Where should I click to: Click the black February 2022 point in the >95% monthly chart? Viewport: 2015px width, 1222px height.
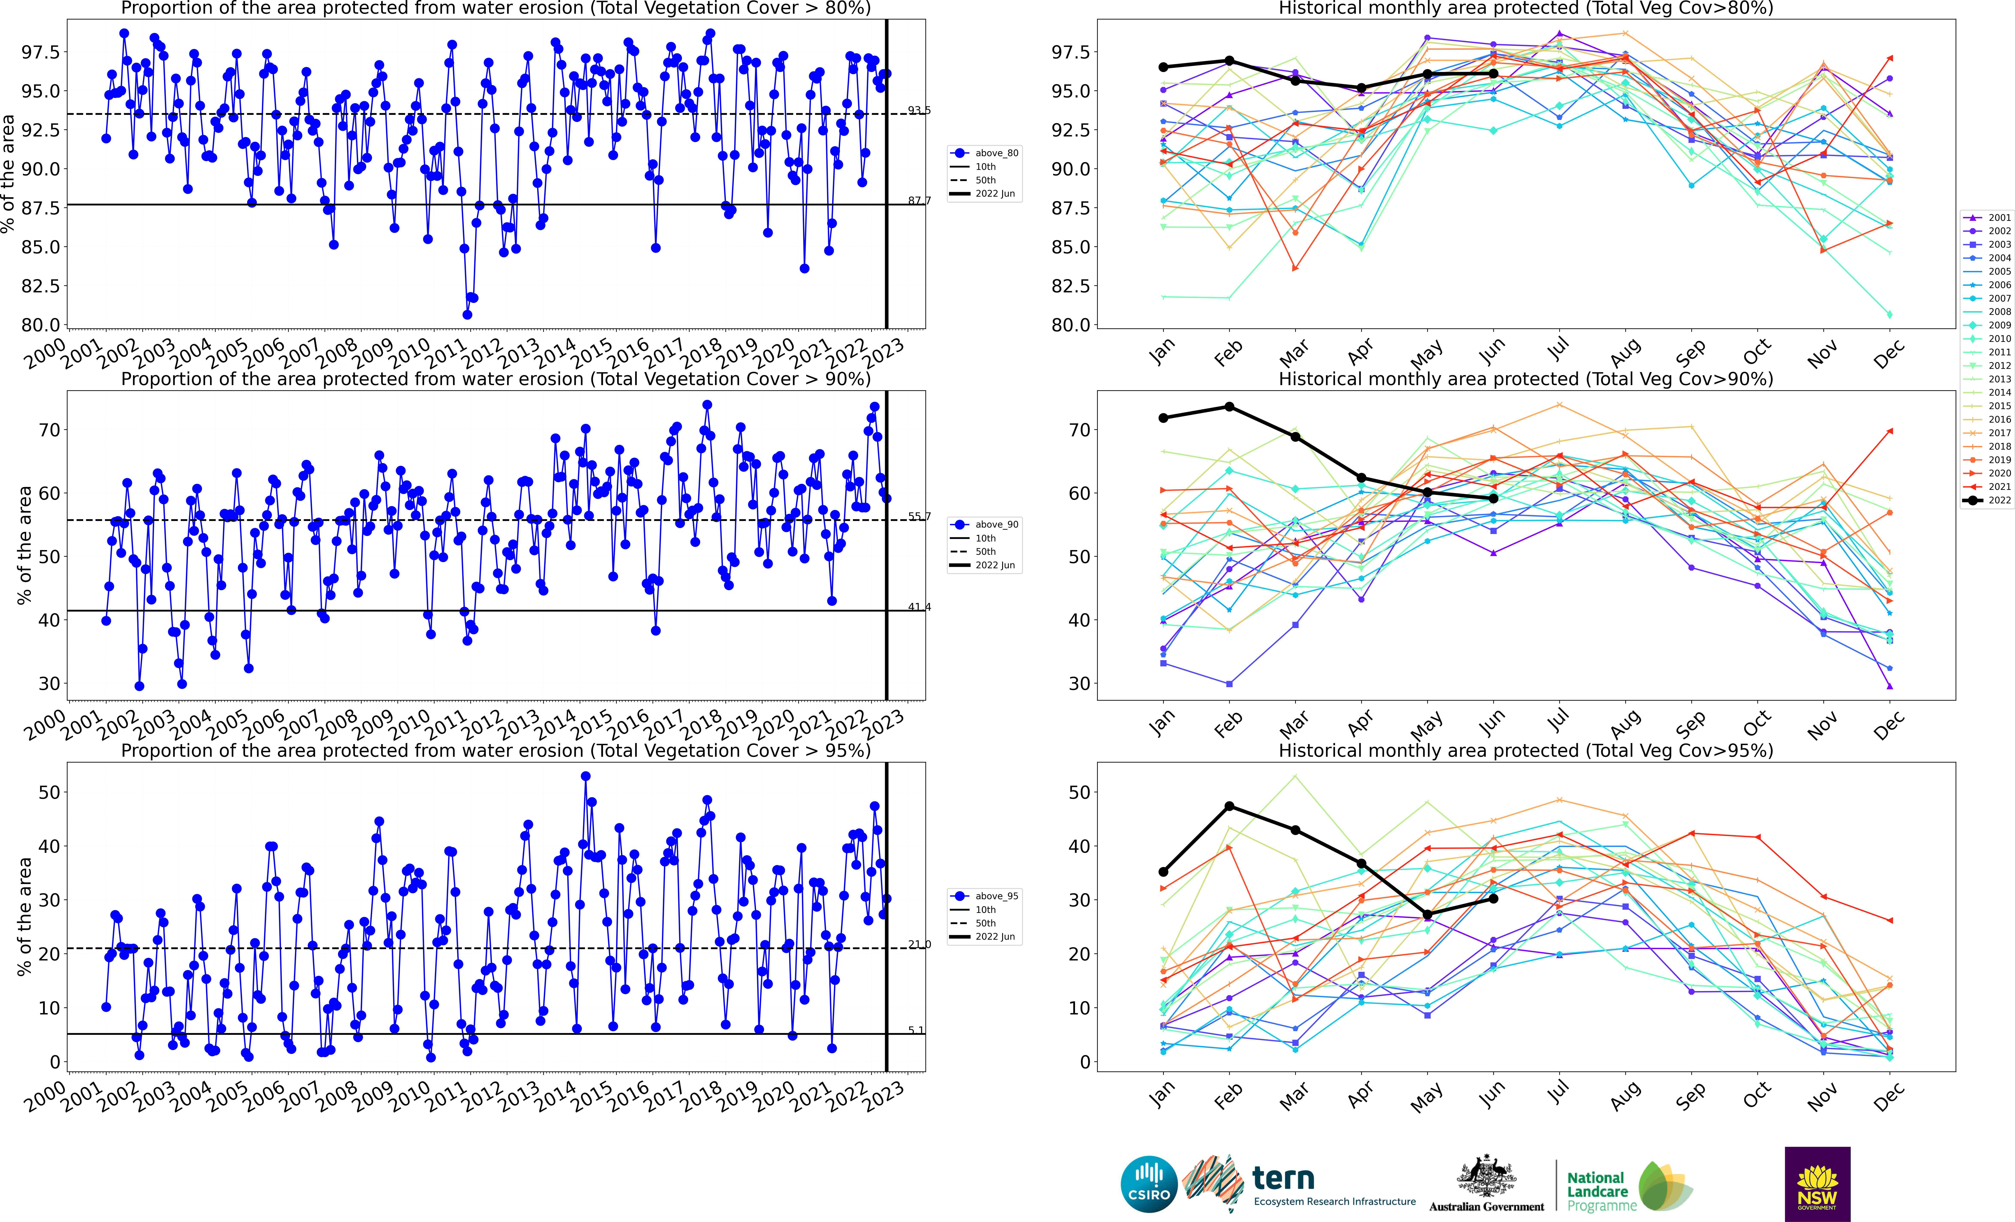coord(1229,807)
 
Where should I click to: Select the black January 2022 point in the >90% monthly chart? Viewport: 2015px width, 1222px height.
coord(1163,418)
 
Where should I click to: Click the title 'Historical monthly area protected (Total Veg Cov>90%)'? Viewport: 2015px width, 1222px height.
coord(1525,379)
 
